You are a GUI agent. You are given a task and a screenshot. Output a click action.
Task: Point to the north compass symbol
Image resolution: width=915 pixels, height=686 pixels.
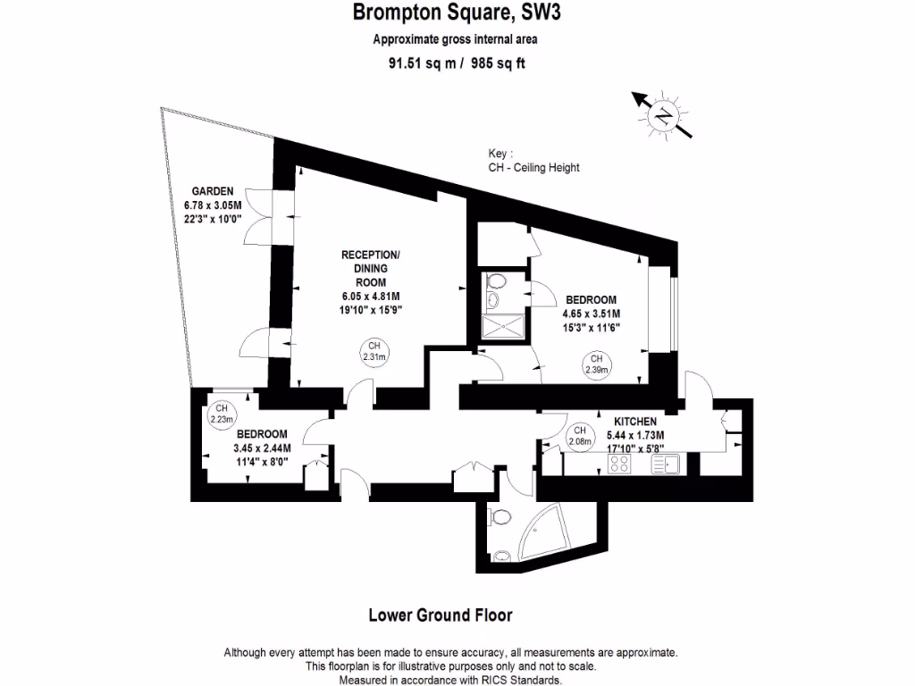[x=663, y=114]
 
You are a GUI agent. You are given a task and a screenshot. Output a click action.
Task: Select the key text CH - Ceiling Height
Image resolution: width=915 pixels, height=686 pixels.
[x=533, y=167]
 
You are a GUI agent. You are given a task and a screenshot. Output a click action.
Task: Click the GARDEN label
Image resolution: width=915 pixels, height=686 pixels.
[x=213, y=191]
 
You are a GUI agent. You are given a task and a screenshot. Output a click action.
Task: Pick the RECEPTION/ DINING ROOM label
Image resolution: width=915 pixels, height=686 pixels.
[x=371, y=268]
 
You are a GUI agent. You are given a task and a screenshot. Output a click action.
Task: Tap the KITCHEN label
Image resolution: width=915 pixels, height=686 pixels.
[x=635, y=422]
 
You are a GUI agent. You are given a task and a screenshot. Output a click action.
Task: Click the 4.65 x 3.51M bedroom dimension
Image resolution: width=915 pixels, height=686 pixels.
[x=591, y=314]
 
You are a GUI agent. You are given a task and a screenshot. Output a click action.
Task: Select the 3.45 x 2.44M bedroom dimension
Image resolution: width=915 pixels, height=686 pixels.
[x=262, y=448]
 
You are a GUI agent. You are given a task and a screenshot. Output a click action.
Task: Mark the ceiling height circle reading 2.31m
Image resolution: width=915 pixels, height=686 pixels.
[x=374, y=351]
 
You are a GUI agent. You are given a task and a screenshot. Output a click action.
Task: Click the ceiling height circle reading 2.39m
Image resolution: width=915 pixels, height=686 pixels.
[x=596, y=364]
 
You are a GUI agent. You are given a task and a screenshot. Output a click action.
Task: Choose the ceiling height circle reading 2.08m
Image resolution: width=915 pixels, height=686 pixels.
[x=581, y=435]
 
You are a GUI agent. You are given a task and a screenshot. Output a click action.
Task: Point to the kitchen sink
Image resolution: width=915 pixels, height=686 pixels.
[x=667, y=463]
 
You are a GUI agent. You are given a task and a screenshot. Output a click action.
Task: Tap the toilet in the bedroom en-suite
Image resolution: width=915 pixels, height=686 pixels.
[x=497, y=283]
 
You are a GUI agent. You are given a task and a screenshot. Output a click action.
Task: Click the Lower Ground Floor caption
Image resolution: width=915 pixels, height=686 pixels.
[x=441, y=615]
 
